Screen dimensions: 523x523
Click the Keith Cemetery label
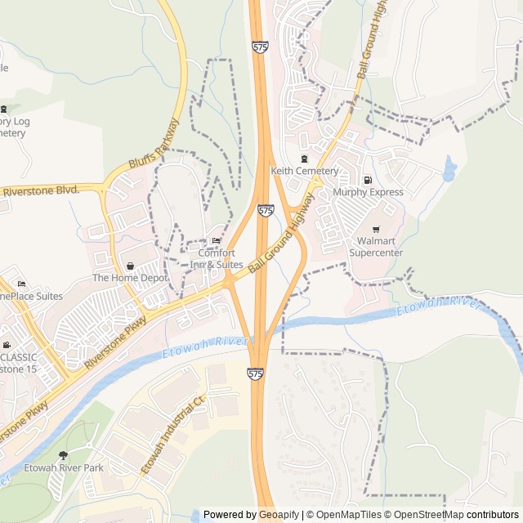305,171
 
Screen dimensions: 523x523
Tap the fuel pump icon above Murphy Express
368,180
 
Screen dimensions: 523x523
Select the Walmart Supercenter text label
376,247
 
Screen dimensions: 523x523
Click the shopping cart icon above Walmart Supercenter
376,229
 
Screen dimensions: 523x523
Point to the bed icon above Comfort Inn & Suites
216,240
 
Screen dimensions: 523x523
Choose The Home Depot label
130,278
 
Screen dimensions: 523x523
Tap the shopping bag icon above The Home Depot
130,265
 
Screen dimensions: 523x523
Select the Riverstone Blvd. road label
40,190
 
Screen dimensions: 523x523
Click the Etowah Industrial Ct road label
172,436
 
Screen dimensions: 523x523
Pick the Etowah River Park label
64,467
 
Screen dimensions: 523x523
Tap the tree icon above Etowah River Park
64,454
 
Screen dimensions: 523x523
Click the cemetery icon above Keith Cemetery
305,158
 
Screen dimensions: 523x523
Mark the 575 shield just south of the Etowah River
256,373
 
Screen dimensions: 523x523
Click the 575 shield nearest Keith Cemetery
266,211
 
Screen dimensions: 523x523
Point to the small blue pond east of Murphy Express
449,170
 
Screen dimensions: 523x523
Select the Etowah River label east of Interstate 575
438,307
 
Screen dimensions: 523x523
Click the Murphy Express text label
368,192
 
